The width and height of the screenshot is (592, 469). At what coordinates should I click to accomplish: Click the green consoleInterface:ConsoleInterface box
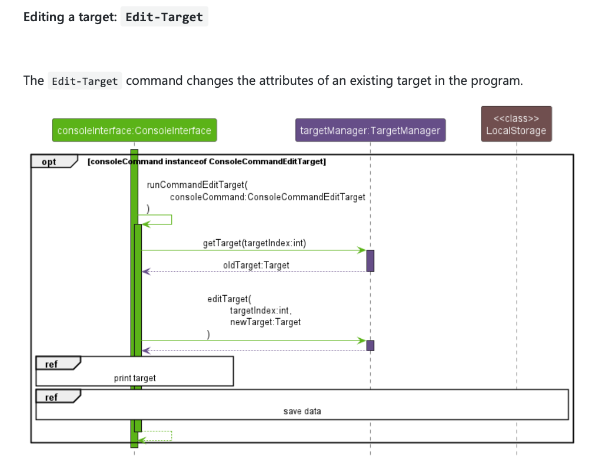[134, 130]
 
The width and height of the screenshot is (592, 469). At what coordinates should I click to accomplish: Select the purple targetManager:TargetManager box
[370, 130]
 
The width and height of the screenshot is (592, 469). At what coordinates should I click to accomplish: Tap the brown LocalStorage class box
[516, 124]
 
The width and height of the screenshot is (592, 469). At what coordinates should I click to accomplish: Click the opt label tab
[51, 161]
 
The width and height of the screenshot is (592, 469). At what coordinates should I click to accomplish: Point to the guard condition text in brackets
[206, 161]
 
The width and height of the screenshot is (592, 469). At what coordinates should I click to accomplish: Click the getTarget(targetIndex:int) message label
[254, 243]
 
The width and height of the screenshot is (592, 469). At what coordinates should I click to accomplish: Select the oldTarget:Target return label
[256, 265]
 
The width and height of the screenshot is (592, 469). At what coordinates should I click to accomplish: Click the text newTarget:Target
[265, 322]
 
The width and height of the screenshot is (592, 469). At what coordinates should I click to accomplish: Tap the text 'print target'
[135, 378]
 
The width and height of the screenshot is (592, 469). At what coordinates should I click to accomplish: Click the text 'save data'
[302, 411]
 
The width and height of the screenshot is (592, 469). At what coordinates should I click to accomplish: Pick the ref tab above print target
[52, 364]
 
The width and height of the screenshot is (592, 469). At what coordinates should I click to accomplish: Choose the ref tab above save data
[52, 397]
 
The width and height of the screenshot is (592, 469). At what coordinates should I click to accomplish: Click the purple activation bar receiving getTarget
[370, 260]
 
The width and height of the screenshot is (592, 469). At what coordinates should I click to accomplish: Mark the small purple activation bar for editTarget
[370, 345]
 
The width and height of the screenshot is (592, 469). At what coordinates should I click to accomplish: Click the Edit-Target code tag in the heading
[164, 16]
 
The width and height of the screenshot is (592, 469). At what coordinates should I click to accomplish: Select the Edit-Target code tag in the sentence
[85, 81]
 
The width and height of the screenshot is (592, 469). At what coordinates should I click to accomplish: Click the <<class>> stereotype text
[516, 118]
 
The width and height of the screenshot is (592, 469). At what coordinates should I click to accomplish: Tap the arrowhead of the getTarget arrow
[362, 250]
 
